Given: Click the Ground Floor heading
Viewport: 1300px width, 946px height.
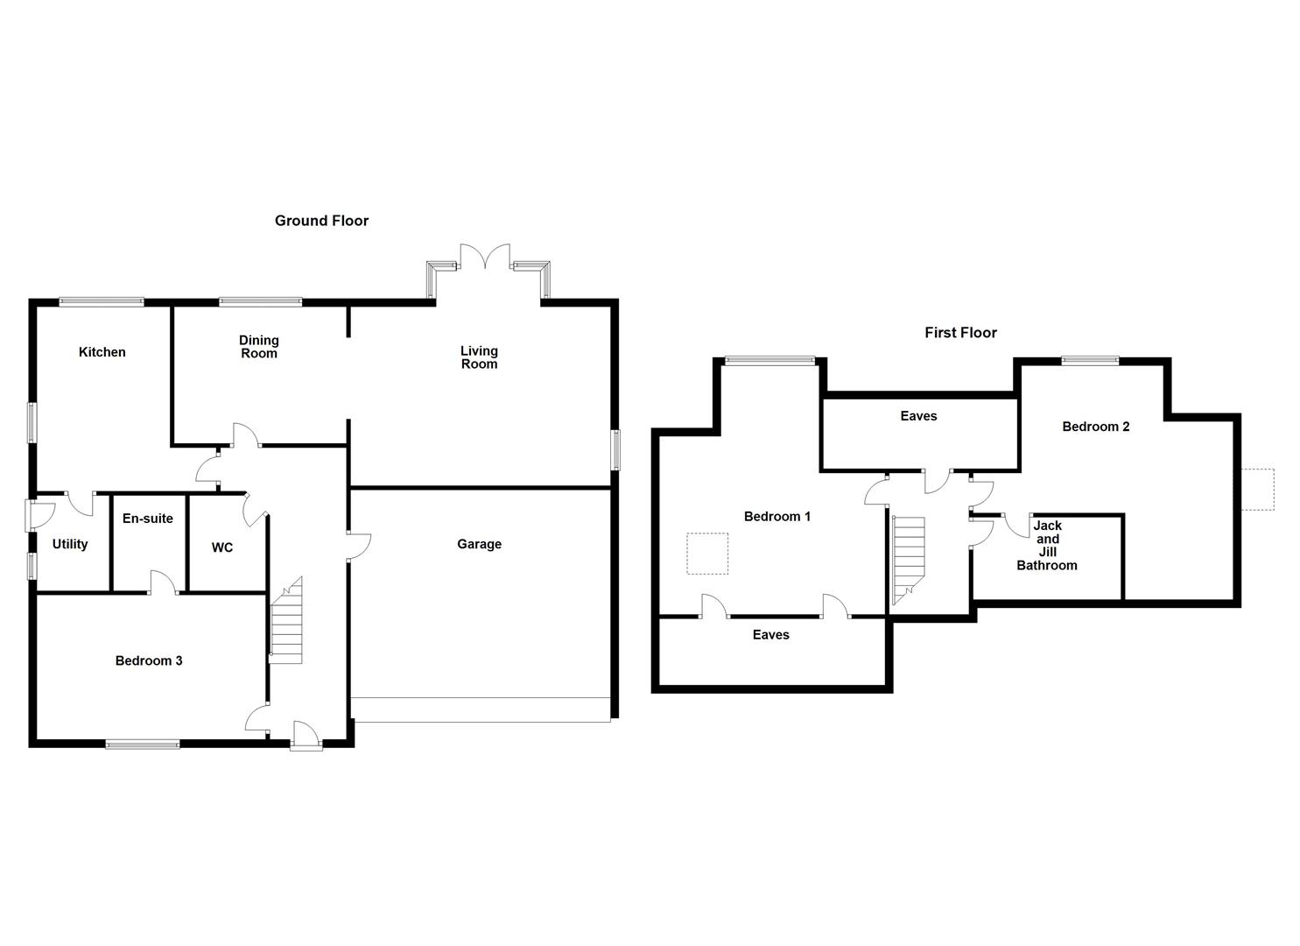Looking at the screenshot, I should coord(321,221).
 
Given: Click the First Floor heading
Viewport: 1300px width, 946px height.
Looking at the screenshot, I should coord(960,333).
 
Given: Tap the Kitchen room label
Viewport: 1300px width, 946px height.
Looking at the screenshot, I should coord(102,352).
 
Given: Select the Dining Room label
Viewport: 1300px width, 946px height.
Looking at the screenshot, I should coord(259,347).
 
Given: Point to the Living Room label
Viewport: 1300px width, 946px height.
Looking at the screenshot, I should coord(479,357).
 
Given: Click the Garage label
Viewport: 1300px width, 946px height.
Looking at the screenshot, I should coord(479,544).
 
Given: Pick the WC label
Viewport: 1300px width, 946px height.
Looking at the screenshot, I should coord(222,547).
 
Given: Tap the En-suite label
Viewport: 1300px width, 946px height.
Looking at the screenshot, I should coord(148,519).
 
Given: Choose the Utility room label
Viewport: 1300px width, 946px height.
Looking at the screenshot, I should coord(70,544).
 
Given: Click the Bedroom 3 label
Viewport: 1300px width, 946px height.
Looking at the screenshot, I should coord(149,660).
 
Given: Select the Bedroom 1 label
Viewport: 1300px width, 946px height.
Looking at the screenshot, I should coord(776,517).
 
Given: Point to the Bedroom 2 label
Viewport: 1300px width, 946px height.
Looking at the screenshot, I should coord(1095,427).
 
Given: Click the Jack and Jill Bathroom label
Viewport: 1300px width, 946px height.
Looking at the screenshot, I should coord(1047,546).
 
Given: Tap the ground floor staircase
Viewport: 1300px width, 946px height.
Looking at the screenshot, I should coord(286,621).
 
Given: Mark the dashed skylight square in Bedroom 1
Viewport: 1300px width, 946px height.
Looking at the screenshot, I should coord(707,554).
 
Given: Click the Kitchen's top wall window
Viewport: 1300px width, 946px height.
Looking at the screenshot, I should coord(102,302).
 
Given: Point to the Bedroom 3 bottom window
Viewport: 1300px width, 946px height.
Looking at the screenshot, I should coord(143,745).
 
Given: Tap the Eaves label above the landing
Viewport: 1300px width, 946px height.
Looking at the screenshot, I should coord(918,416).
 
